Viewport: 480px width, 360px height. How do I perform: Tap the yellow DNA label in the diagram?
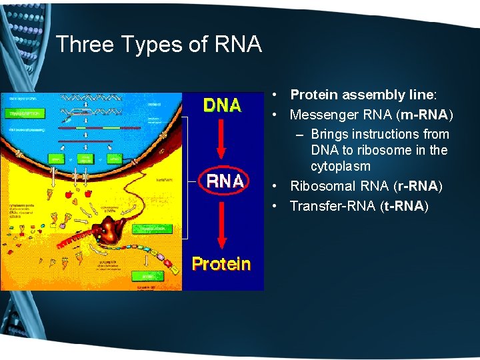pyautogui.click(x=222, y=106)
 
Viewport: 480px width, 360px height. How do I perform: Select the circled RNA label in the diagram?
pyautogui.click(x=225, y=181)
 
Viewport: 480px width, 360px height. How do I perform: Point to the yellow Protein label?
pyautogui.click(x=221, y=264)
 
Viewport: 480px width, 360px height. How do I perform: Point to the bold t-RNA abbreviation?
pyautogui.click(x=402, y=206)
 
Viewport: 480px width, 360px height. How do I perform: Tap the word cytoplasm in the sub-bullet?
pyautogui.click(x=340, y=166)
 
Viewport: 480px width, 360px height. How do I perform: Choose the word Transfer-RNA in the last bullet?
pyautogui.click(x=333, y=206)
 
